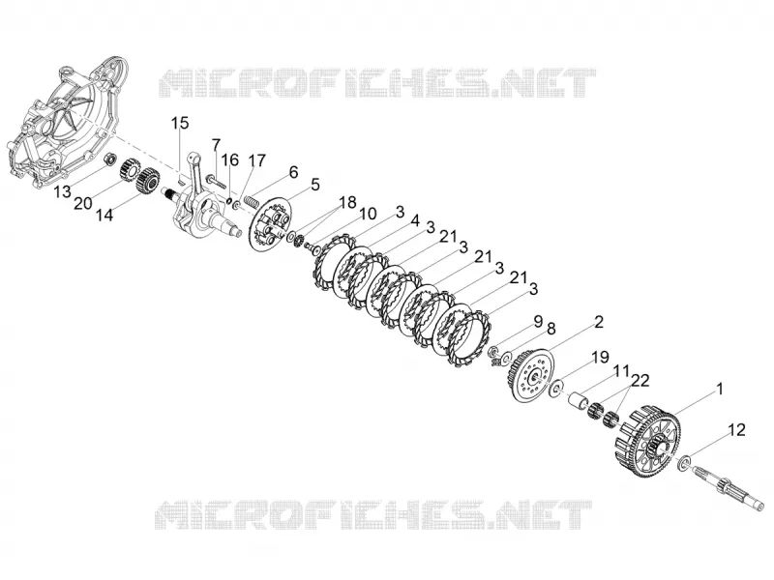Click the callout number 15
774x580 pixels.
pos(180,124)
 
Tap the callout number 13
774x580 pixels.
pos(63,191)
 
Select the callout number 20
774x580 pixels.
pos(83,203)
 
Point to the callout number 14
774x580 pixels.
pos(104,215)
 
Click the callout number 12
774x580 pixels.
pos(736,430)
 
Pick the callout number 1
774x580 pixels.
pos(719,390)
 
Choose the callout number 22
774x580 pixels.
pos(640,380)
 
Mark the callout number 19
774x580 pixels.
pos(600,357)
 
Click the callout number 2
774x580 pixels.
pos(598,322)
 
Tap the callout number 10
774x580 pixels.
pos(368,214)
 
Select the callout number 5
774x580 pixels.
pos(315,185)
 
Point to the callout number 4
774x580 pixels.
pos(415,220)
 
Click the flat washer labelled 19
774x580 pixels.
pos(556,388)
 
